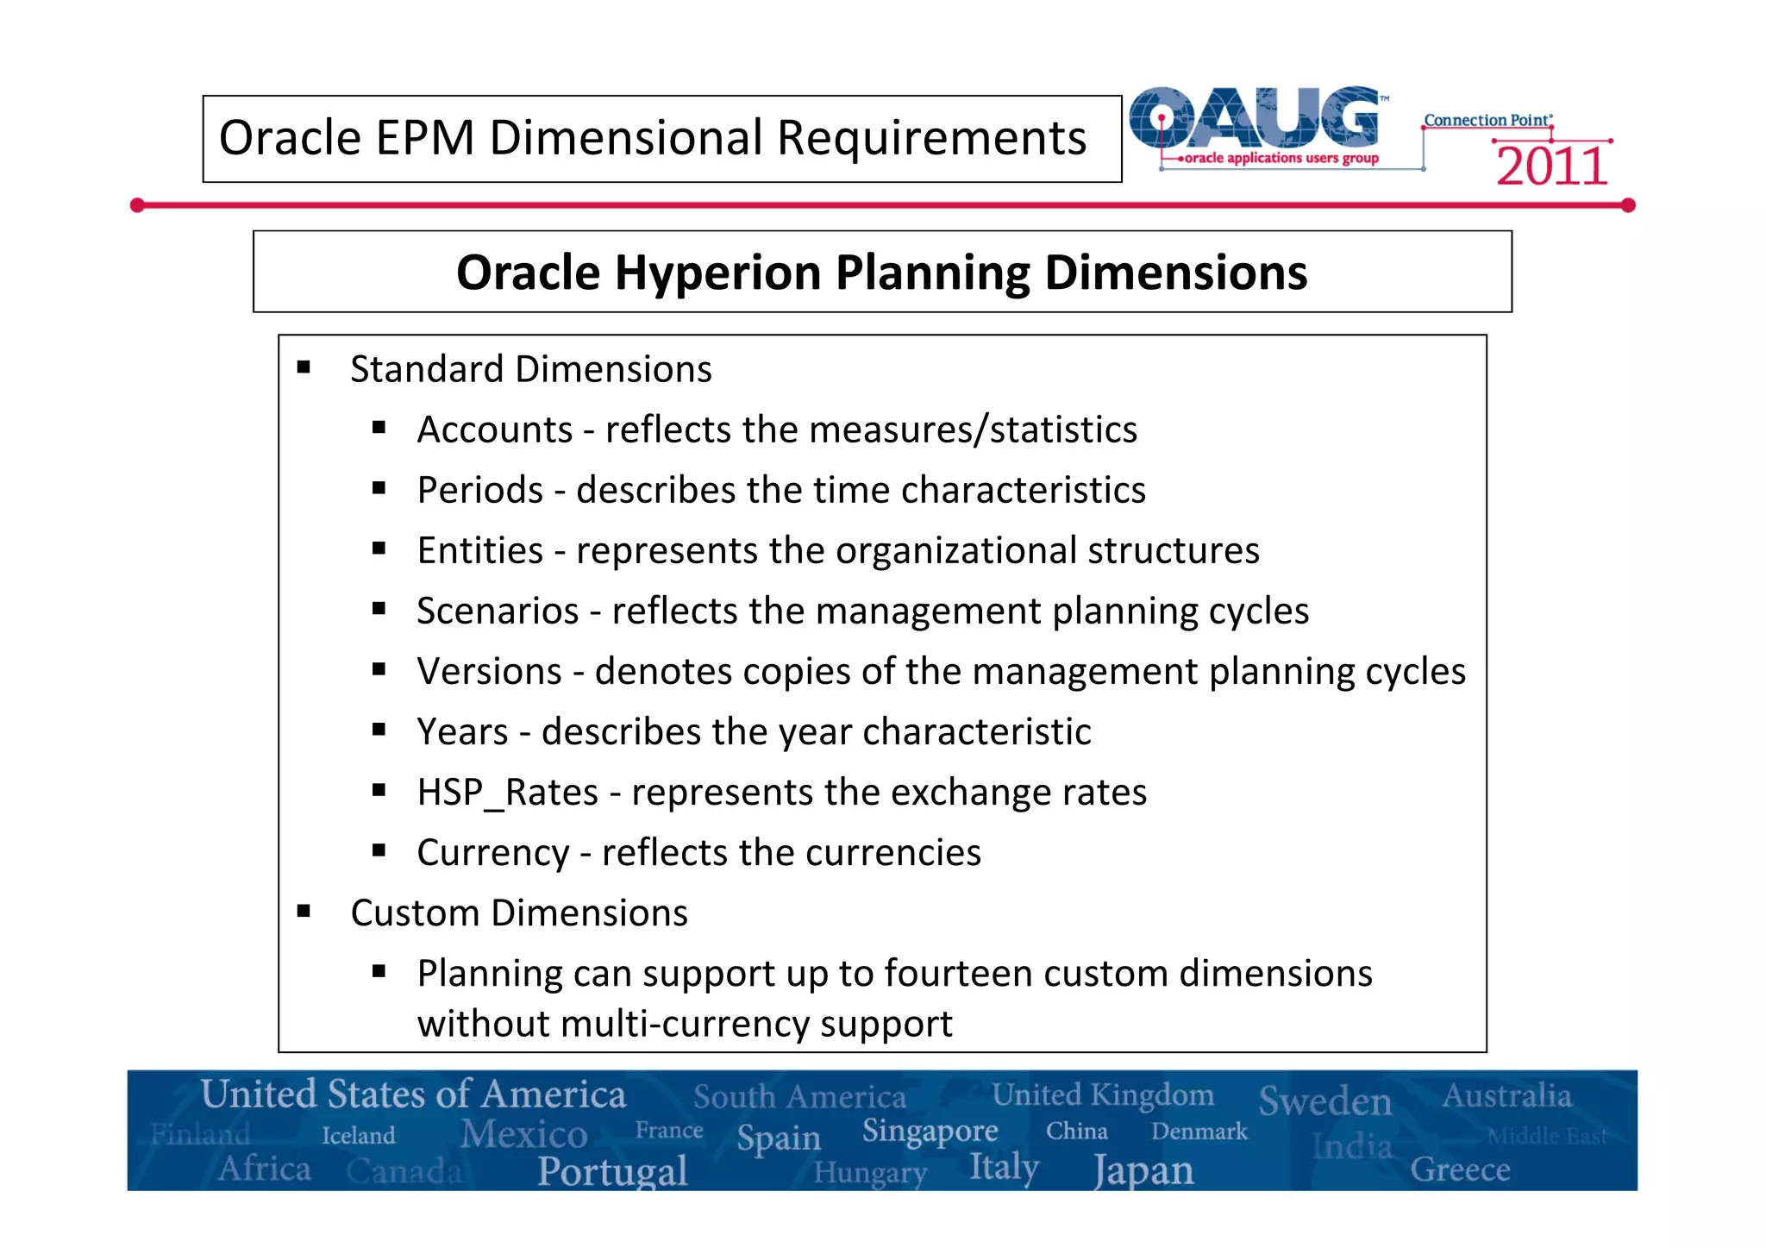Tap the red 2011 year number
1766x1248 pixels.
click(1551, 166)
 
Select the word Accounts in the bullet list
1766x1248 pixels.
click(495, 430)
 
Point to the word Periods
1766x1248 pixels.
click(480, 491)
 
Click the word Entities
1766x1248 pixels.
click(480, 551)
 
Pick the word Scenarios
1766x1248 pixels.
click(498, 611)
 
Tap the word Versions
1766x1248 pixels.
click(489, 672)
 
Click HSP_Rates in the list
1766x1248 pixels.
click(507, 793)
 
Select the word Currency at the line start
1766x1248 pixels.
click(492, 853)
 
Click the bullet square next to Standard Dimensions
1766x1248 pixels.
click(304, 368)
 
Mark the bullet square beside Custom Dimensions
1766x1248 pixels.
click(304, 912)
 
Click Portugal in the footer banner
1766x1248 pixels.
click(612, 1171)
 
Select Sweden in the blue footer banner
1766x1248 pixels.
click(1324, 1101)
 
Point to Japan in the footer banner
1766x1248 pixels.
click(1143, 1171)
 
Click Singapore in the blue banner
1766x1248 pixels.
click(930, 1131)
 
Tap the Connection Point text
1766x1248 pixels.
click(1487, 121)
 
